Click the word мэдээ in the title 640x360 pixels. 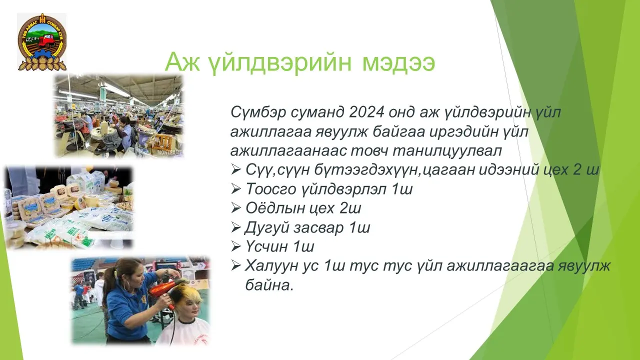point(398,62)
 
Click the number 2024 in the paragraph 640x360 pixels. point(366,112)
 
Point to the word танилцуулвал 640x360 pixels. point(447,151)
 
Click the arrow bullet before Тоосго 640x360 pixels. point(235,189)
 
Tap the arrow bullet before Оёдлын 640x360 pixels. point(235,208)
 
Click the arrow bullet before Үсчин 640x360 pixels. point(235,246)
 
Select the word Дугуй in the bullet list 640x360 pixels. point(266,228)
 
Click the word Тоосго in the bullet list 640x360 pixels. point(270,189)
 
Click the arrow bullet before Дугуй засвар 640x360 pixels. point(235,227)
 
